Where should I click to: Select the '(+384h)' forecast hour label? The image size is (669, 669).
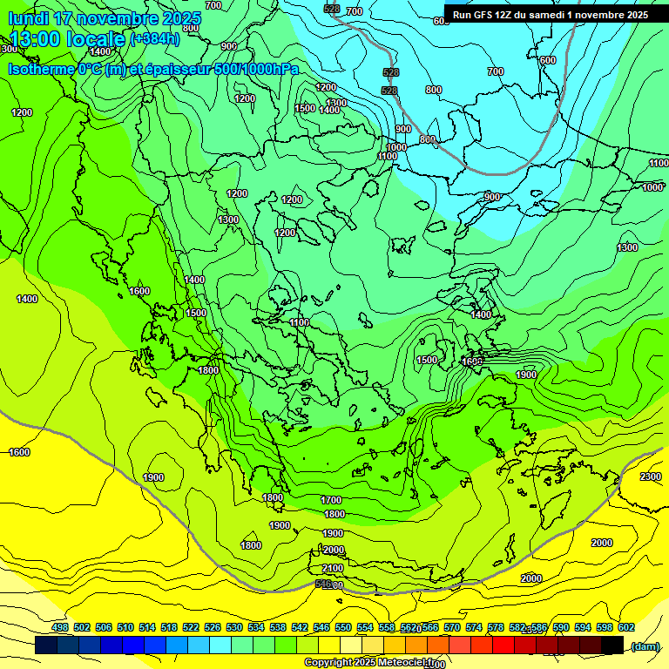155,38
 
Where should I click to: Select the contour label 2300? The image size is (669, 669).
650,476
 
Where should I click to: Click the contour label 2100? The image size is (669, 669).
333,568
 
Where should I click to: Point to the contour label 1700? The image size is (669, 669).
331,500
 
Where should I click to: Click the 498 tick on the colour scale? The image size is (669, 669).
60,627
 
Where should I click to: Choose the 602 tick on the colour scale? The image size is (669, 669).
626,627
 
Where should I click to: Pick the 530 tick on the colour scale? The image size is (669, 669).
234,627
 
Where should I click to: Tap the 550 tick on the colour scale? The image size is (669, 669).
343,627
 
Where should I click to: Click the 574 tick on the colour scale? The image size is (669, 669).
474,627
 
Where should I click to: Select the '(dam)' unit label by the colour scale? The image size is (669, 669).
645,645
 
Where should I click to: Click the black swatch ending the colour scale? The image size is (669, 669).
612,645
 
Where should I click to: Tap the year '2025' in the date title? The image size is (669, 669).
179,18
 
